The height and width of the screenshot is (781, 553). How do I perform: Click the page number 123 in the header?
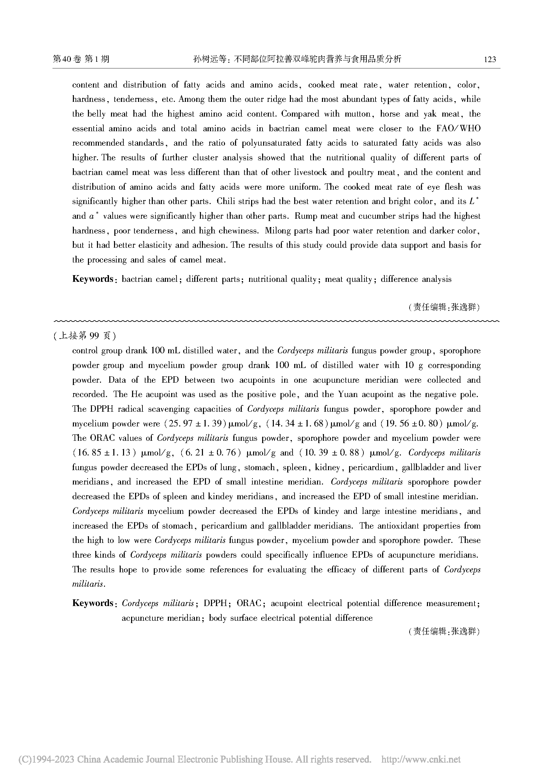(x=490, y=59)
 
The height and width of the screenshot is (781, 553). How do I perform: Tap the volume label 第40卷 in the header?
(x=67, y=59)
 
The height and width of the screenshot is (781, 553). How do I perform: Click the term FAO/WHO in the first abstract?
(x=458, y=129)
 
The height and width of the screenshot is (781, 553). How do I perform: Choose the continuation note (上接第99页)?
(x=85, y=336)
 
